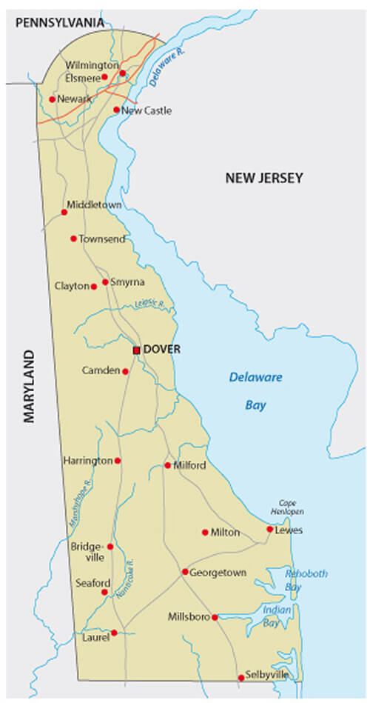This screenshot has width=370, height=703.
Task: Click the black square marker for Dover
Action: pyautogui.click(x=136, y=350)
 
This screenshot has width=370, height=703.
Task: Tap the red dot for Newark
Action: pyautogui.click(x=52, y=99)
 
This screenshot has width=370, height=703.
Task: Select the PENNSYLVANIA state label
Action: pyautogui.click(x=60, y=24)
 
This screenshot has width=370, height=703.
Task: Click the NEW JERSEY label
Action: pyautogui.click(x=264, y=178)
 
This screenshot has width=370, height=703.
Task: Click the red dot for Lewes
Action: pyautogui.click(x=269, y=530)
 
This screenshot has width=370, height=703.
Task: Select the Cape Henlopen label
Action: pyautogui.click(x=292, y=507)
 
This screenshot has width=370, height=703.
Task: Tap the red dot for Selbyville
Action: pyautogui.click(x=240, y=678)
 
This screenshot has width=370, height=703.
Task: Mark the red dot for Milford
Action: pyautogui.click(x=167, y=466)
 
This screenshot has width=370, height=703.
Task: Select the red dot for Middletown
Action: pyautogui.click(x=64, y=213)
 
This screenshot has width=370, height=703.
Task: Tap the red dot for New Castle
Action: pyautogui.click(x=116, y=110)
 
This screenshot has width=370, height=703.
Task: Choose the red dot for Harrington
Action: pyautogui.click(x=118, y=461)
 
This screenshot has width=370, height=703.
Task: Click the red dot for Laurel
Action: pyautogui.click(x=114, y=633)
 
